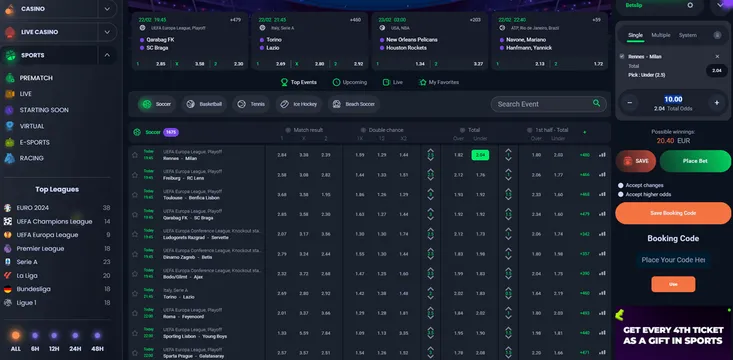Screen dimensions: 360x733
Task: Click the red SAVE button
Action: pos(637,160)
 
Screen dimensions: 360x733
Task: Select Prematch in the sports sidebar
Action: pos(37,76)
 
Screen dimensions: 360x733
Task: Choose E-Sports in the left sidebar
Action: pos(36,142)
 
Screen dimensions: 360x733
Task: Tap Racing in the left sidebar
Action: pos(32,158)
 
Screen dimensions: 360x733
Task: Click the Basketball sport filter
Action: pos(204,103)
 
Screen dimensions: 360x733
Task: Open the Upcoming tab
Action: pos(350,82)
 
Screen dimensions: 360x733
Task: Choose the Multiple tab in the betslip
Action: pos(661,35)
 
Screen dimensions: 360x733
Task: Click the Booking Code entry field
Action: pos(673,259)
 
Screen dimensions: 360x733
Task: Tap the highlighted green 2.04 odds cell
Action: pos(480,155)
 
